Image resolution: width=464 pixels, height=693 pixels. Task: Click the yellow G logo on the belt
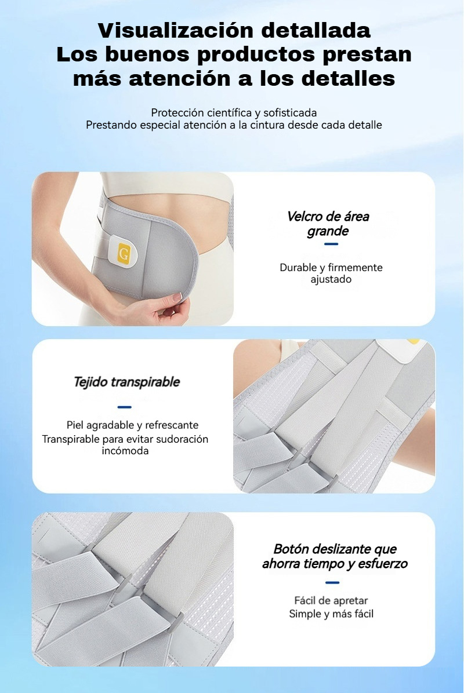124,254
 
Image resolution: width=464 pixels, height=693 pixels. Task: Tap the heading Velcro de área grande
328,224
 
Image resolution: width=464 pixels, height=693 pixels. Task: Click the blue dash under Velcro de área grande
331,244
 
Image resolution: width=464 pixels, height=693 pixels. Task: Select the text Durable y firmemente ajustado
331,273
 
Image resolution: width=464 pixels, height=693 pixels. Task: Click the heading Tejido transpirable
126,382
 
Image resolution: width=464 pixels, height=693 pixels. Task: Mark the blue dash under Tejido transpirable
124,407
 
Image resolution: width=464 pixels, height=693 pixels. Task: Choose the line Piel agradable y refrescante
132,425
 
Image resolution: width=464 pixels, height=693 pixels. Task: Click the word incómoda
125,451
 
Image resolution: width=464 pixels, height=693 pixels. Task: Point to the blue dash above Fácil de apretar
332,582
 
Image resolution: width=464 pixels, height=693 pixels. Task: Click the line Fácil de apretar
331,601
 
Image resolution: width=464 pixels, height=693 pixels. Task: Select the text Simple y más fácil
331,614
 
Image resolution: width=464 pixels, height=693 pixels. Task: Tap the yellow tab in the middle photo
413,341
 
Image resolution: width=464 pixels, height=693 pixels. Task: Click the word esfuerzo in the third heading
383,564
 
